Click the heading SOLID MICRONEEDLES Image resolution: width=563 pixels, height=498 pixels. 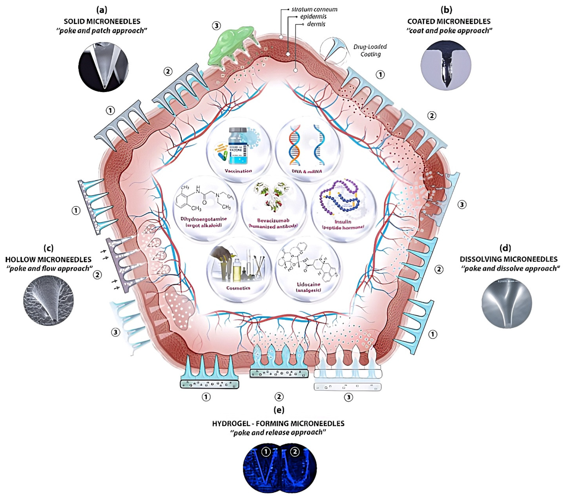click(102, 21)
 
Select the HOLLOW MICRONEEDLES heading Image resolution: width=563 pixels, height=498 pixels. click(49, 259)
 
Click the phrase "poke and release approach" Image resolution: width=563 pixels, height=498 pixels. click(278, 433)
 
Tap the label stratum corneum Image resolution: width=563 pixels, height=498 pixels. click(314, 9)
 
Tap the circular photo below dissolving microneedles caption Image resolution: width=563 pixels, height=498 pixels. click(506, 303)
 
